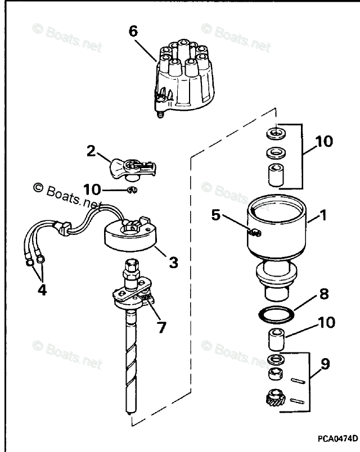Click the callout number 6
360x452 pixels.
tap(133, 31)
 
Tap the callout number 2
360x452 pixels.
tap(91, 151)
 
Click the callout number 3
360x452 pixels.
tap(173, 262)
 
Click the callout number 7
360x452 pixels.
tap(161, 327)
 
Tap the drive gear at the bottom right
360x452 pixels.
tap(276, 400)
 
